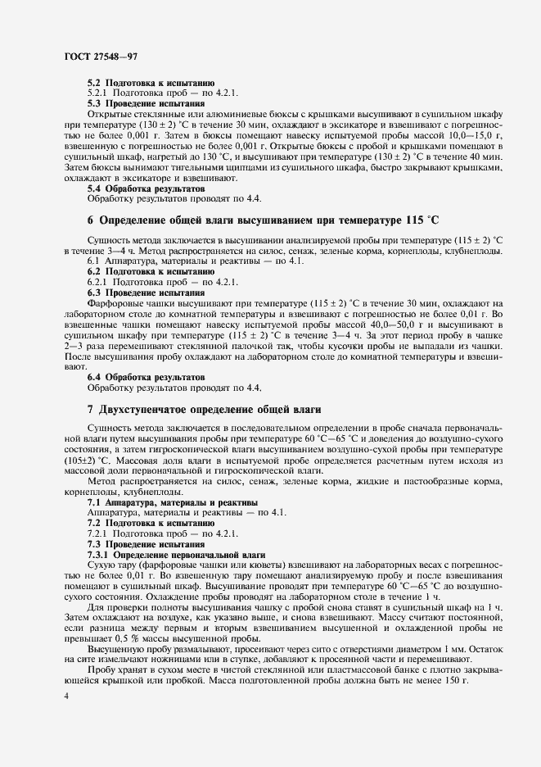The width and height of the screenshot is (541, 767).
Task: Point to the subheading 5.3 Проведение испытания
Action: click(134, 104)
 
